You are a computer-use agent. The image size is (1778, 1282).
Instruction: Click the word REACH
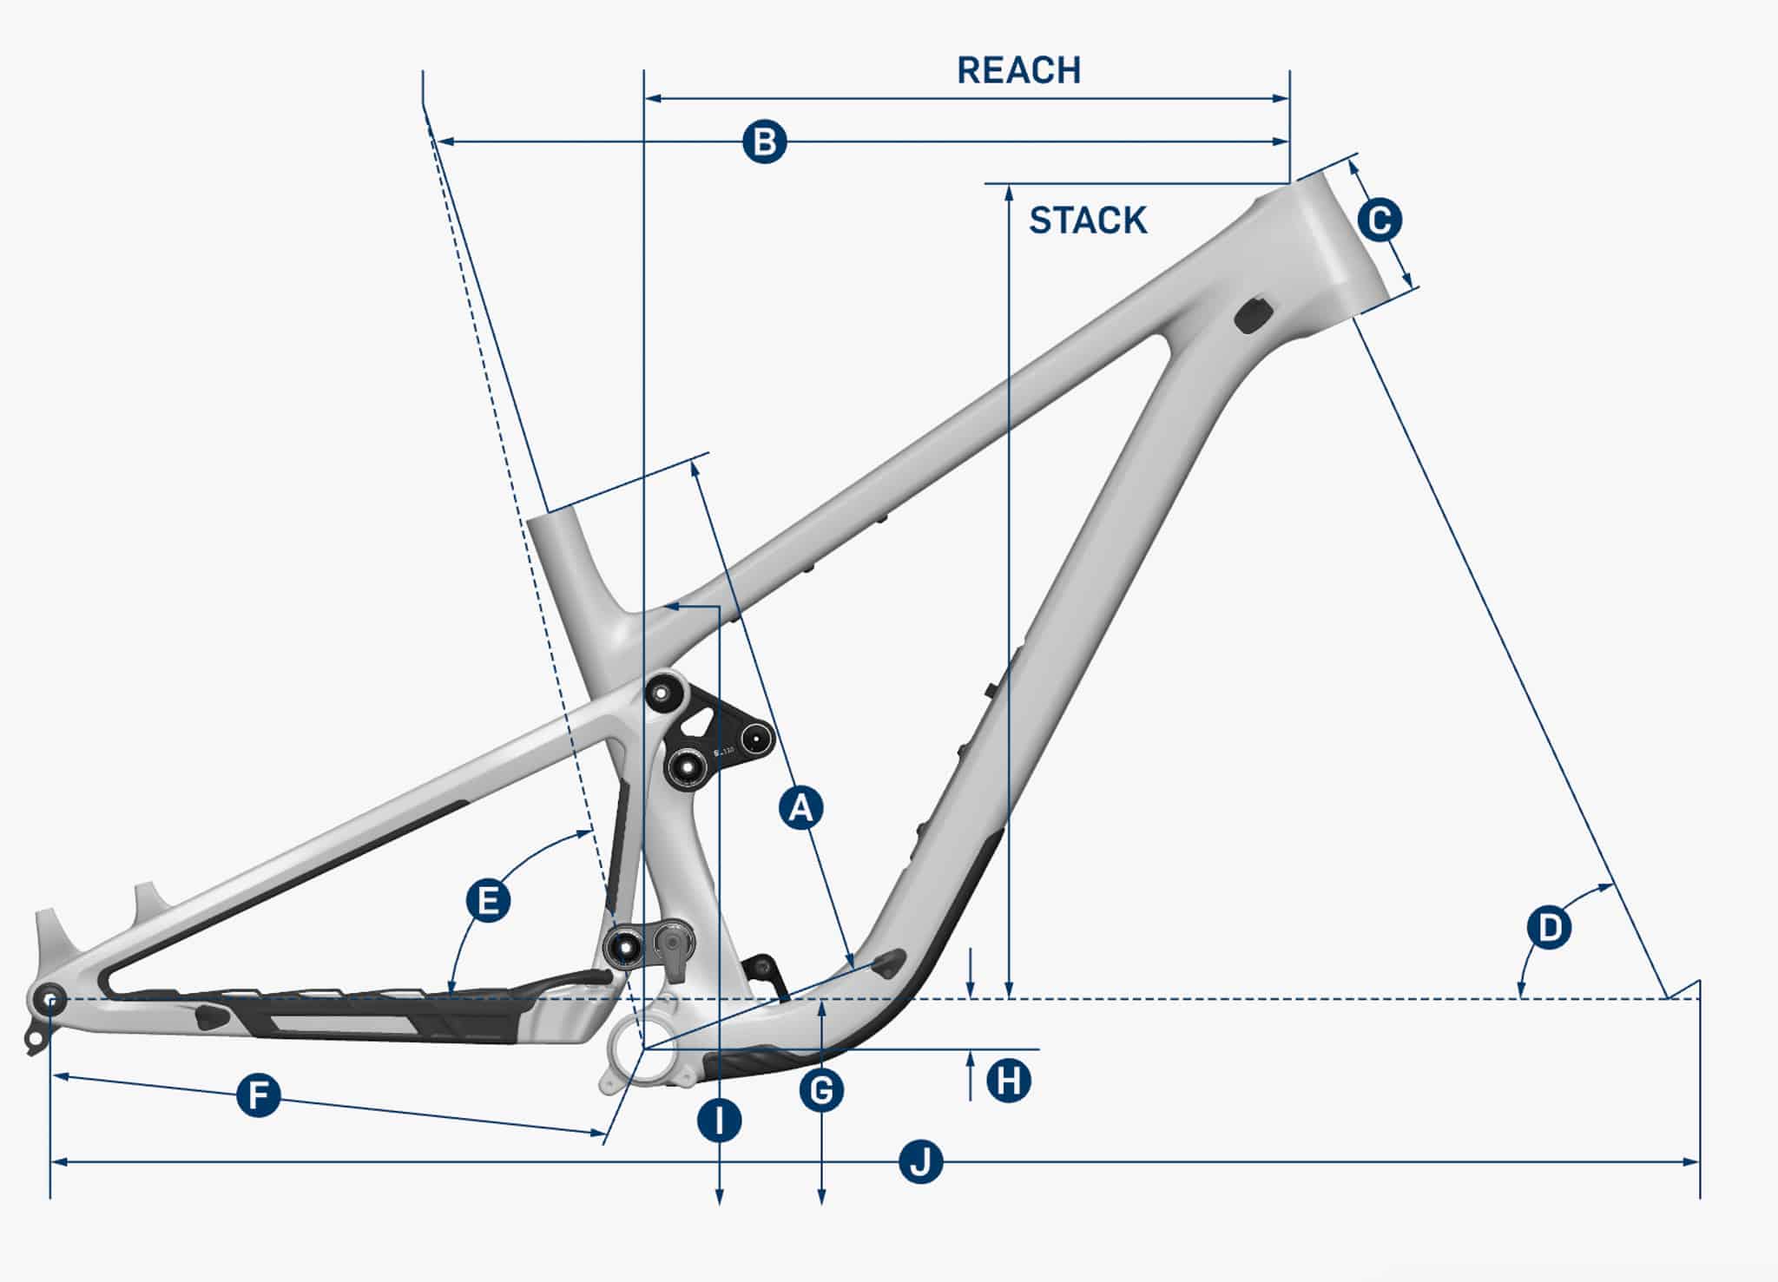[x=1018, y=70]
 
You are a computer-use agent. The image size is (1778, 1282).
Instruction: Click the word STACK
[x=1088, y=220]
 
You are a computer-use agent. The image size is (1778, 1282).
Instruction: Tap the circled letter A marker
[x=800, y=808]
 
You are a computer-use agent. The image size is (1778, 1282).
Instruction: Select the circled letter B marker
[x=765, y=141]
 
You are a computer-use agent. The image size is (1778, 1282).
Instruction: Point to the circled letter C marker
[x=1380, y=220]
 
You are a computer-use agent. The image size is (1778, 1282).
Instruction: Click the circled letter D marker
[x=1550, y=928]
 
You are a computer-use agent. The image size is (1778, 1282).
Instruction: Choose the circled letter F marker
[x=259, y=1095]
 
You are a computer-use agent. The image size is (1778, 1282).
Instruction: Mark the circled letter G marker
[x=821, y=1090]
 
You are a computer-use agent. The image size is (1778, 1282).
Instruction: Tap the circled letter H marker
[x=1009, y=1081]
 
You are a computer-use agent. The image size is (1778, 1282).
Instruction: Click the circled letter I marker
[x=720, y=1121]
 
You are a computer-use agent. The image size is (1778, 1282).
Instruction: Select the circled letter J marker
[x=920, y=1161]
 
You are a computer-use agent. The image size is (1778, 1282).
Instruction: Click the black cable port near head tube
[x=1254, y=314]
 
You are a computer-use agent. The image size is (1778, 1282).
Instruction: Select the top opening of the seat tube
[x=552, y=518]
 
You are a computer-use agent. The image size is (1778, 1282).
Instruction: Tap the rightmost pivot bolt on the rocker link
[x=755, y=739]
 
